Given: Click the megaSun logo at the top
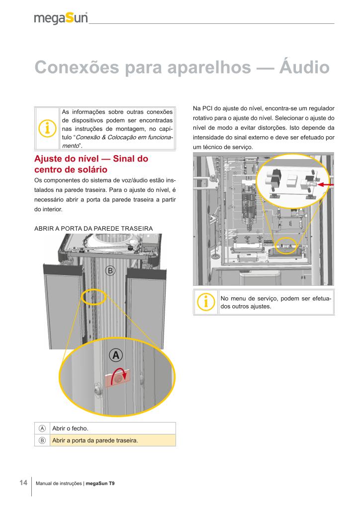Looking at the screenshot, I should [61, 18].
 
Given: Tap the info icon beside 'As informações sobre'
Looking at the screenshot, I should [47, 128].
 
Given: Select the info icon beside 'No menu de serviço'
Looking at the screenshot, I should [205, 302].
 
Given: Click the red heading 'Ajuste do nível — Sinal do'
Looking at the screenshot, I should [91, 160].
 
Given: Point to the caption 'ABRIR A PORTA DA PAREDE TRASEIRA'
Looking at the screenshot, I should [93, 228].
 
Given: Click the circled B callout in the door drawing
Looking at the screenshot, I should [110, 270].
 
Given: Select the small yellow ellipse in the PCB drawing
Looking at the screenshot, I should [286, 246].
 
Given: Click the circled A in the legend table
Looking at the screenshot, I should [42, 428].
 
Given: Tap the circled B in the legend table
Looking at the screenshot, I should [42, 440].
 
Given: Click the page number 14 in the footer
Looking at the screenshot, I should [23, 483].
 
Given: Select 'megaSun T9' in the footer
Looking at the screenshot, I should [100, 483].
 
